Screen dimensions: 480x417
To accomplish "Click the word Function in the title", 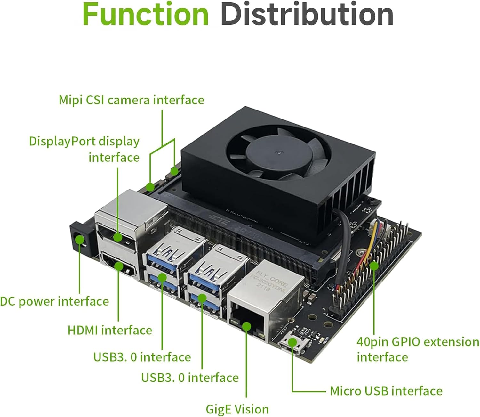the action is pyautogui.click(x=146, y=14).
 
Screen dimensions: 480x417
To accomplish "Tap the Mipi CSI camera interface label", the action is pyautogui.click(x=132, y=100).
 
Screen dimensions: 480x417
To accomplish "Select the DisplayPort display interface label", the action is pyautogui.click(x=84, y=149).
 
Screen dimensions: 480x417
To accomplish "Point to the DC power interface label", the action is pyautogui.click(x=54, y=301).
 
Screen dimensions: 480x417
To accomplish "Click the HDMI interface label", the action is pyautogui.click(x=110, y=330).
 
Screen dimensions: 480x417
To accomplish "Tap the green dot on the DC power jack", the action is pyautogui.click(x=80, y=240).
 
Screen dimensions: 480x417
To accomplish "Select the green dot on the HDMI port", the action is pyautogui.click(x=119, y=266).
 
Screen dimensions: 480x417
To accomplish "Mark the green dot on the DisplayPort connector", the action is pyautogui.click(x=118, y=238).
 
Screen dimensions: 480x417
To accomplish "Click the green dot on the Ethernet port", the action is pyautogui.click(x=246, y=327).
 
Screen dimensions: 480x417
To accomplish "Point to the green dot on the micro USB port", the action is pyautogui.click(x=292, y=342).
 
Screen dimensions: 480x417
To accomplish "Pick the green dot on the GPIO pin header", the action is pyautogui.click(x=374, y=266).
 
